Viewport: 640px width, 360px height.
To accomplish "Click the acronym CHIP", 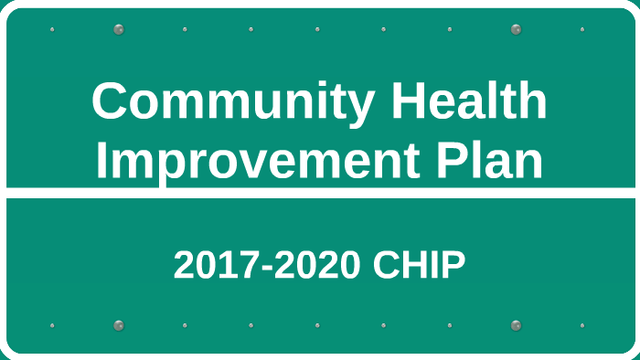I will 420,265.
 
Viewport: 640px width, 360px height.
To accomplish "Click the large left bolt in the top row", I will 119,29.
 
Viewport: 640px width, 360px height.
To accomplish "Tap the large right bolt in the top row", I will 516,29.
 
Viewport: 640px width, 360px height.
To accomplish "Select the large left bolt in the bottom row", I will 119,325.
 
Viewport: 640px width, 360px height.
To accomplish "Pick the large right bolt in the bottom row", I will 516,325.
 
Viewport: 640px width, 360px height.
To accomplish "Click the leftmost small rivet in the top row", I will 52,29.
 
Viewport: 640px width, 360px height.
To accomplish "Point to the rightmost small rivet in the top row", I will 581,29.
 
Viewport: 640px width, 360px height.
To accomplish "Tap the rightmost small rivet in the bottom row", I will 581,325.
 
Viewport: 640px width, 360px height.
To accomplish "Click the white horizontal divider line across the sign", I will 320,193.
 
